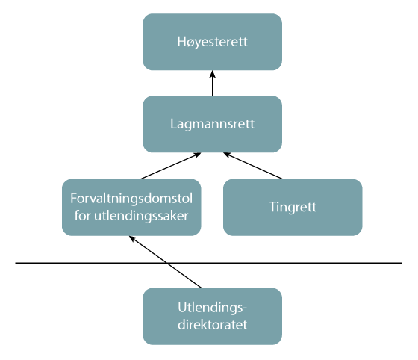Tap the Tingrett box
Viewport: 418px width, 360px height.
[293, 207]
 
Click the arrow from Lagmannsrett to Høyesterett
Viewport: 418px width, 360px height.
[212, 84]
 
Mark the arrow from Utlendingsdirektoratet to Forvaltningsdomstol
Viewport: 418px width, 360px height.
[165, 262]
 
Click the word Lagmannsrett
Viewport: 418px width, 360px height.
[213, 124]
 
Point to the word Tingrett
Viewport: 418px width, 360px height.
[293, 207]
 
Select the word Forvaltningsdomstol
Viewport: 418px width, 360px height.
[131, 200]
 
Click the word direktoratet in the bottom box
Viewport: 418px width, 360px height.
[213, 325]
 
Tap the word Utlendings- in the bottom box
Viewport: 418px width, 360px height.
[213, 308]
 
